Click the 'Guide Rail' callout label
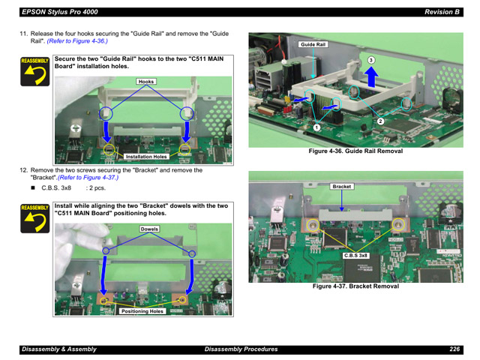point(313,45)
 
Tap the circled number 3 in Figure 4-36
point(370,60)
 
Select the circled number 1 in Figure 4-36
point(316,127)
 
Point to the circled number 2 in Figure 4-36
point(380,121)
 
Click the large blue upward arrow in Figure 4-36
point(371,76)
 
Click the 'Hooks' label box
point(146,82)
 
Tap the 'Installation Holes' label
point(146,157)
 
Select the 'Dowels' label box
point(149,229)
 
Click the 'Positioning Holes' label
point(142,311)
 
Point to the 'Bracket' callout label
point(342,187)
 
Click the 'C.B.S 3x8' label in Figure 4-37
point(355,256)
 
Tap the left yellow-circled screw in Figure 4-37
point(313,226)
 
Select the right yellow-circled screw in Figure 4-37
point(398,225)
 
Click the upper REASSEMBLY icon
point(35,71)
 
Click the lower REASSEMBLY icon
point(35,218)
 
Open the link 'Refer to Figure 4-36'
point(77,41)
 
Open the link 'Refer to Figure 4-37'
point(88,178)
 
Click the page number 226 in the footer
point(454,349)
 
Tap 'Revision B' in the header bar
point(442,12)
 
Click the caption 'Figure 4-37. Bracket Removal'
point(355,286)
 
